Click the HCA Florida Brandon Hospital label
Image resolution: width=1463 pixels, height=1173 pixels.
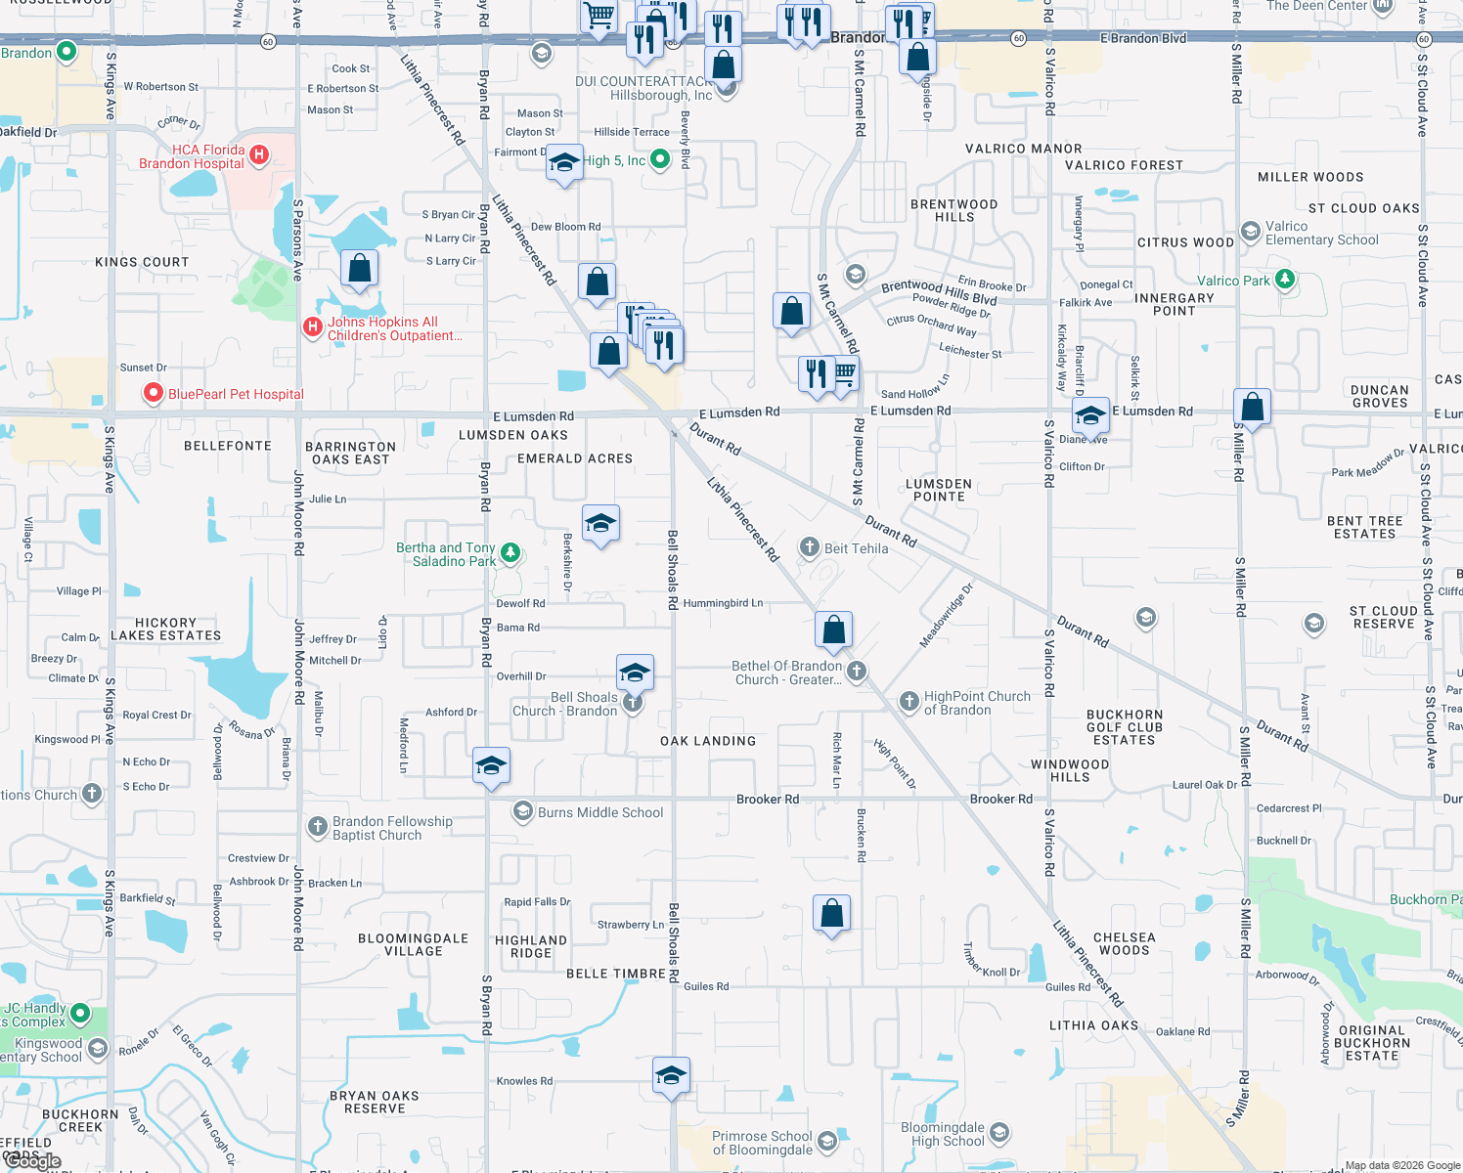(x=192, y=156)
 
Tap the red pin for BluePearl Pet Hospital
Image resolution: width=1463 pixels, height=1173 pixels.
(x=154, y=394)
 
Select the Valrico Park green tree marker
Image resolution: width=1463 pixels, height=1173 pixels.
(x=1285, y=280)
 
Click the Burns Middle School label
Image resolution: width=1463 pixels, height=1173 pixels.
(x=600, y=812)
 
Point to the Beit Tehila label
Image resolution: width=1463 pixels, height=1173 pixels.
(x=856, y=548)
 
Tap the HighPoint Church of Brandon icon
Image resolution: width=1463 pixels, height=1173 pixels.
(x=909, y=701)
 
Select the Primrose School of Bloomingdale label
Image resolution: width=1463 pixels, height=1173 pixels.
(x=762, y=1143)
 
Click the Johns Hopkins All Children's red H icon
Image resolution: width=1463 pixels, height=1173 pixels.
(x=312, y=326)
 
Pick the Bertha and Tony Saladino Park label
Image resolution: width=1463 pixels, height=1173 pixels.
(x=446, y=554)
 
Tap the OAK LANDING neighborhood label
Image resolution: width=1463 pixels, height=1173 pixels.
(x=708, y=741)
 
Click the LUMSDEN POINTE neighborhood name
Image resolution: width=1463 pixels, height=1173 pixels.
(x=939, y=490)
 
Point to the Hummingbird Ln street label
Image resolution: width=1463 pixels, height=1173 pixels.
(x=723, y=603)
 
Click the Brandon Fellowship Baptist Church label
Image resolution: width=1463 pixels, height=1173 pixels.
(x=392, y=828)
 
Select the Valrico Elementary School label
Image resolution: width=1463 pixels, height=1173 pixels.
(x=1321, y=233)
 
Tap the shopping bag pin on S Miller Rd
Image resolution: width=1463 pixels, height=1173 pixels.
(x=1252, y=406)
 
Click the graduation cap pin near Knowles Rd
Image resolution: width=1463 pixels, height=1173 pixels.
(x=671, y=1076)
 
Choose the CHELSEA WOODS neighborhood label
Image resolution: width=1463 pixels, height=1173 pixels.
(x=1125, y=943)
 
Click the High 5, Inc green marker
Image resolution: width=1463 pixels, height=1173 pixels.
(x=660, y=160)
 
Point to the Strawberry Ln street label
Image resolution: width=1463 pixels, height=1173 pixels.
(x=631, y=924)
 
